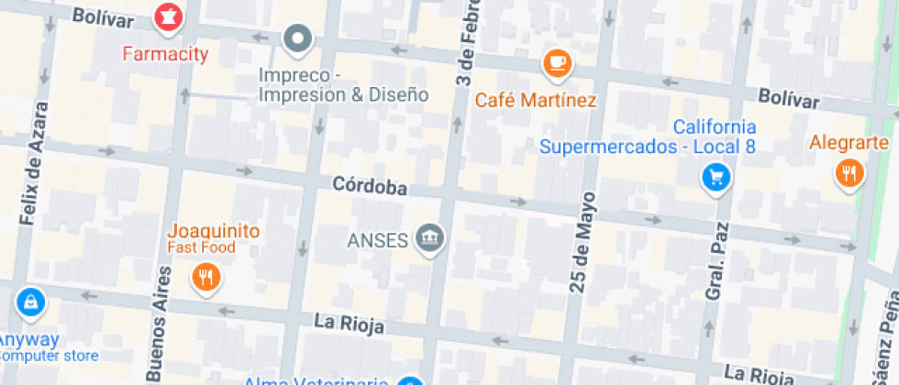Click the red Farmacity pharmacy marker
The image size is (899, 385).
(x=168, y=16)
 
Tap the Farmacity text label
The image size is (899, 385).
(x=165, y=54)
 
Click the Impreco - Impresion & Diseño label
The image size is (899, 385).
(x=344, y=84)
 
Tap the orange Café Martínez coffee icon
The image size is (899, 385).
(x=556, y=63)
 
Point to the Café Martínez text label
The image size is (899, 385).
(x=536, y=100)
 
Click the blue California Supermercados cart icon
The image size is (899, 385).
(x=716, y=177)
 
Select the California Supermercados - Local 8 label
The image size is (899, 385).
(x=648, y=137)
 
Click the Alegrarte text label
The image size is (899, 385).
(x=849, y=143)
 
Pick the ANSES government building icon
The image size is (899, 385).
(x=428, y=239)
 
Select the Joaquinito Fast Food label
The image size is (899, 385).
(x=213, y=238)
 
